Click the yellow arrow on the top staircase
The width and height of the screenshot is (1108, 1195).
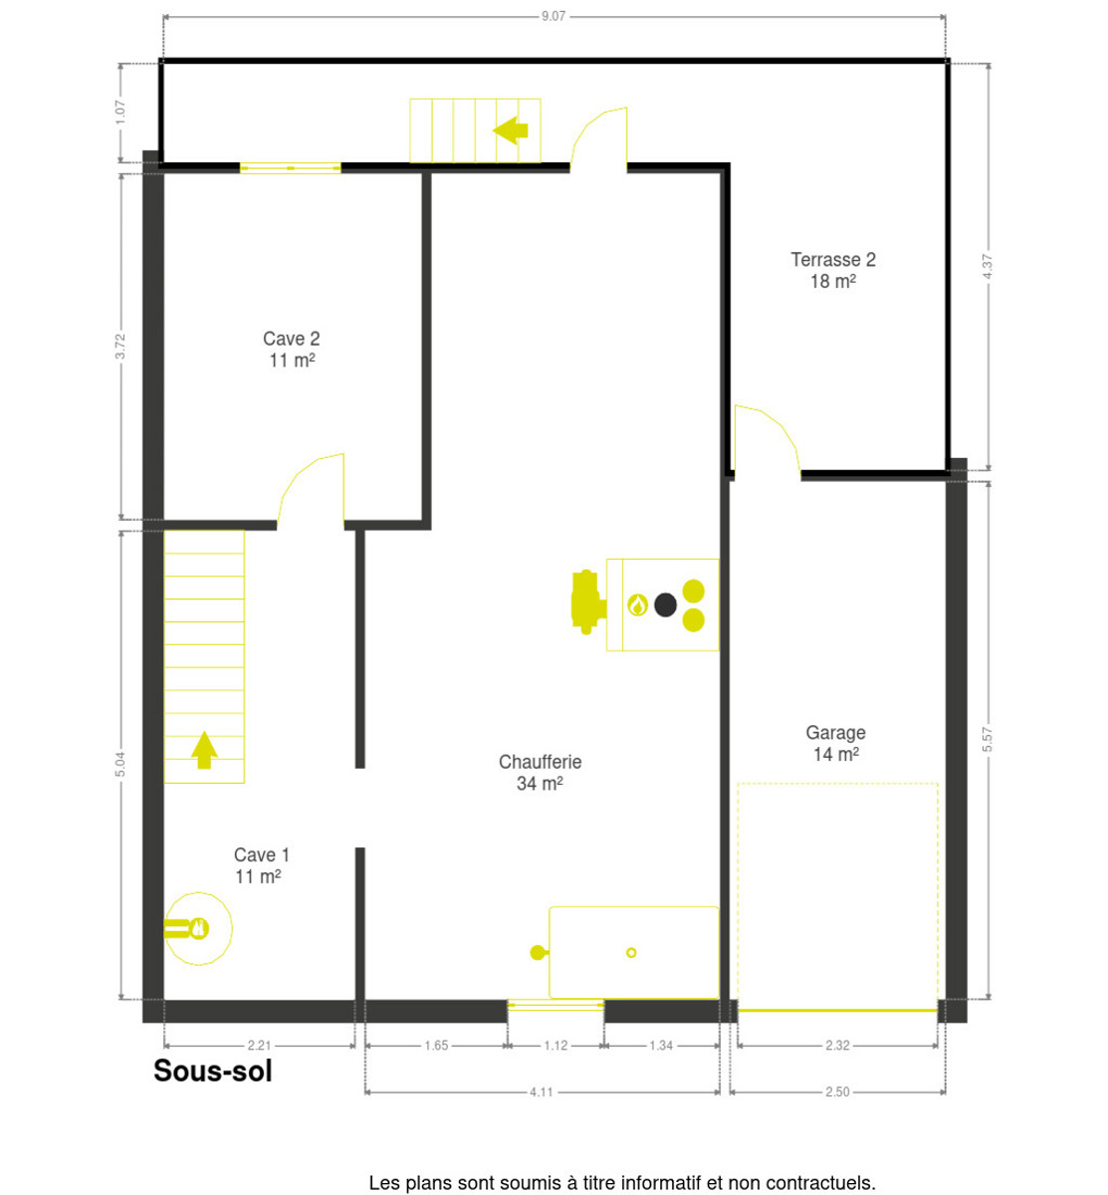click(510, 130)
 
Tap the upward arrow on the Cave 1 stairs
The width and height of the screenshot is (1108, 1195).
click(204, 750)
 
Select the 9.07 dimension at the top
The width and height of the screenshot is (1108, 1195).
click(553, 16)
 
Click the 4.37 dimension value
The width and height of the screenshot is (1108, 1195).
click(987, 266)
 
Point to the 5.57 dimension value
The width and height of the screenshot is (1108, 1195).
click(987, 739)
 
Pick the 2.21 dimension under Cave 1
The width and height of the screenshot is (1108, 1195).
click(259, 1046)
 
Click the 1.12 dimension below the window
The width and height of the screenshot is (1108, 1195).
click(555, 1046)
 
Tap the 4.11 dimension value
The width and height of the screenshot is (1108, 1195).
click(541, 1091)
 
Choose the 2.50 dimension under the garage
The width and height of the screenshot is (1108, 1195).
click(836, 1091)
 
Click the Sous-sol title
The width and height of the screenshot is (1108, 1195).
click(213, 1071)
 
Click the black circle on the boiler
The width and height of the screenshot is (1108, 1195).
click(665, 604)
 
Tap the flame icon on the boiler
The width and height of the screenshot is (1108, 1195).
click(637, 604)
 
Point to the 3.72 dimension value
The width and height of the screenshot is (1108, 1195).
click(120, 346)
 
